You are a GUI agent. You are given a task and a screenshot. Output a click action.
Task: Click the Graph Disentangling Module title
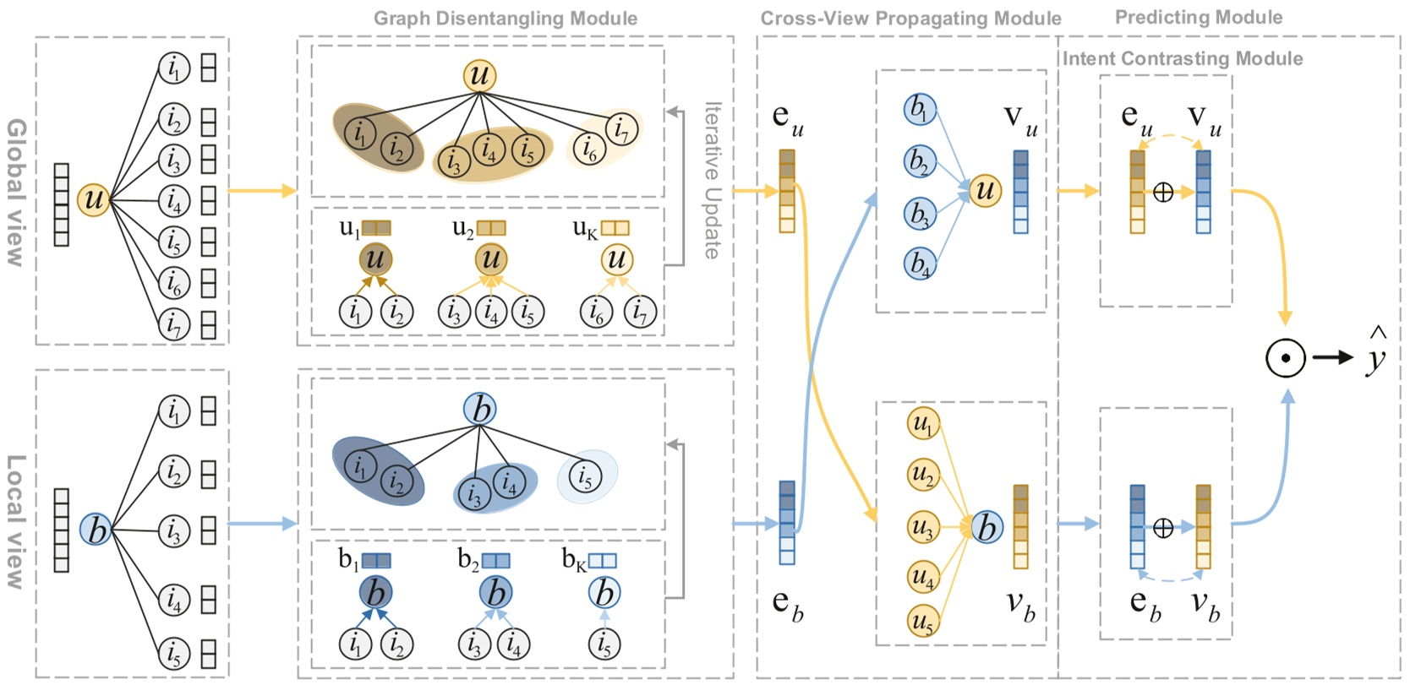[x=506, y=19]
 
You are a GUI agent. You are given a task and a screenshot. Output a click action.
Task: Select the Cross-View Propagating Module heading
[x=910, y=19]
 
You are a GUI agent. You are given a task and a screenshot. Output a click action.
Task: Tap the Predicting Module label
[x=1198, y=17]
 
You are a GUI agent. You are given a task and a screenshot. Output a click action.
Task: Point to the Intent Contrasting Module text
[x=1182, y=58]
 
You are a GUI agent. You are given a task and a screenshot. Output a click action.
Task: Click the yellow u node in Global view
[x=94, y=200]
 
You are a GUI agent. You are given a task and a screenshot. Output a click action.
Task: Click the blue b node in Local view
[x=96, y=530]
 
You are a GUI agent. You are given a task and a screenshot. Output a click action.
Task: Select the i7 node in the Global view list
[x=173, y=323]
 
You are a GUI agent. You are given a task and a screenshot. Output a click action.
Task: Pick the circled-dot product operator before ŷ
[x=1285, y=357]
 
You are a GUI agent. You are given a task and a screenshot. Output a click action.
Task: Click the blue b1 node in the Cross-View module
[x=919, y=109]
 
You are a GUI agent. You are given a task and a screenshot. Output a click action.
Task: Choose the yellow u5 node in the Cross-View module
[x=923, y=622]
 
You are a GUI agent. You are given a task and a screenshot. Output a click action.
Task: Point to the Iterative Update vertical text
[x=713, y=180]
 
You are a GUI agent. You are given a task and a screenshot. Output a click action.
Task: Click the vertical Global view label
[x=16, y=193]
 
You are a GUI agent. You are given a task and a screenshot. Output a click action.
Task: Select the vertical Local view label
[x=16, y=521]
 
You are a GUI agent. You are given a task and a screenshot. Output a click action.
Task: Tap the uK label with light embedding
[x=600, y=228]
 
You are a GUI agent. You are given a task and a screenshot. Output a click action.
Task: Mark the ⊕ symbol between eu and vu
[x=1163, y=193]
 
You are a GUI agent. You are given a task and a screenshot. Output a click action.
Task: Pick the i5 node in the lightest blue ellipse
[x=585, y=476]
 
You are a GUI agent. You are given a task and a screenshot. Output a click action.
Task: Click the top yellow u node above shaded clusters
[x=479, y=75]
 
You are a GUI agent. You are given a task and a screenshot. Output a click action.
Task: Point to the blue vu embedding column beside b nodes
[x=1020, y=192]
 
